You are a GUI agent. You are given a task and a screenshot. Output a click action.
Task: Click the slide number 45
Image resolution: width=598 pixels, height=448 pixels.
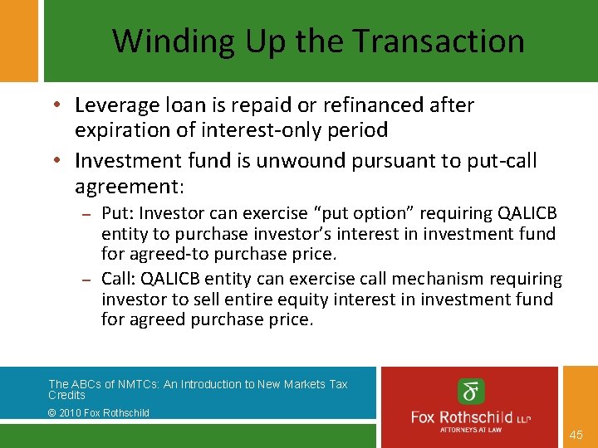577,435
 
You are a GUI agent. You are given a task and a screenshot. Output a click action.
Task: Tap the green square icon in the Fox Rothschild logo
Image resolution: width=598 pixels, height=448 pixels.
471,392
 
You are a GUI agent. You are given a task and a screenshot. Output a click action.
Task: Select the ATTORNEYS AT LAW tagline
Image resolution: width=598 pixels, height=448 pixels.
471,429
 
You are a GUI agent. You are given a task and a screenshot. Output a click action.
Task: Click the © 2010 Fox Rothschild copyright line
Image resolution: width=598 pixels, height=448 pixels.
99,412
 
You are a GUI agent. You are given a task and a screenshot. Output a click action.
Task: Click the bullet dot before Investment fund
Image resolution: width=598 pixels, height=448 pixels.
62,161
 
